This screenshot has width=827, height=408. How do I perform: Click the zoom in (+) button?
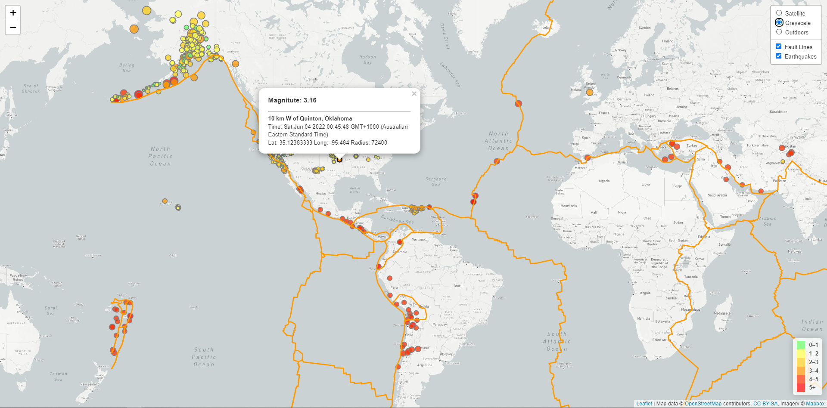pos(13,12)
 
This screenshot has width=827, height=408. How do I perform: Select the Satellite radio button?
pos(779,13)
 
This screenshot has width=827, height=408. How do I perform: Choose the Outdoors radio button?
pos(779,32)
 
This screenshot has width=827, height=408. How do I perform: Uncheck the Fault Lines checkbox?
pos(778,46)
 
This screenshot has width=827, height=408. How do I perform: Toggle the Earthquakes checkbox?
pos(778,56)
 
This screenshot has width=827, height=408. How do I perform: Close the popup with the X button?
pos(414,94)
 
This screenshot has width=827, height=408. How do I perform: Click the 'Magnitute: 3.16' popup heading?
pos(292,100)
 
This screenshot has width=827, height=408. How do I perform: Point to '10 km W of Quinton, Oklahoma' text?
pos(310,118)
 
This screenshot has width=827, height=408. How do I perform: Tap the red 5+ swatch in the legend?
pos(801,387)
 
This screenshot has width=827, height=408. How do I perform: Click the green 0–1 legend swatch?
pos(801,345)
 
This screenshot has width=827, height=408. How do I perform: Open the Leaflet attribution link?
pos(644,404)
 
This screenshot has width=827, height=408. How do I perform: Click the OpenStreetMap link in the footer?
pos(703,404)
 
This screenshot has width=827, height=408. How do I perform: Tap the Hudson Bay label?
pos(367,59)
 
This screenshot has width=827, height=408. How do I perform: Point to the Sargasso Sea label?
pos(436,182)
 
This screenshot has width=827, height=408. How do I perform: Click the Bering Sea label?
pos(127,68)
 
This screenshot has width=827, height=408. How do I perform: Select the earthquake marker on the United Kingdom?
pos(590,92)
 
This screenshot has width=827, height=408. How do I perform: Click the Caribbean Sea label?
pos(397,219)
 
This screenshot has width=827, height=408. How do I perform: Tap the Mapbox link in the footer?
pos(815,404)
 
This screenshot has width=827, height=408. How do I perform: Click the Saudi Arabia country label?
pos(717,195)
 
